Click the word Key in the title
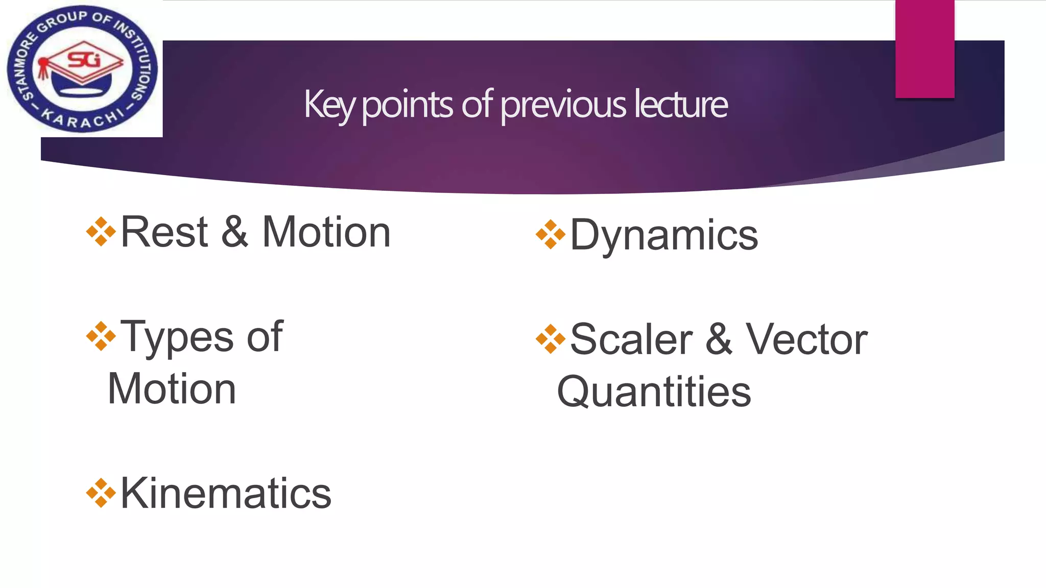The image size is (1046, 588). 329,105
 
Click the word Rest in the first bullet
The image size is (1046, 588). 164,232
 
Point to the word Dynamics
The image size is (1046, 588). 663,235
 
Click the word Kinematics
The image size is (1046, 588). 226,494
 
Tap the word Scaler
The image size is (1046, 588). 631,339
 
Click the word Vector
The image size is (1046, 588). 806,339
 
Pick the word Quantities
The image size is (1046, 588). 654,392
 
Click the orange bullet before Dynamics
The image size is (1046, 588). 551,234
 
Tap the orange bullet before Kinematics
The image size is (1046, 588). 101,493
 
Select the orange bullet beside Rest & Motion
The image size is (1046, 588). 101,232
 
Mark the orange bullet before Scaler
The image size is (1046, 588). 551,339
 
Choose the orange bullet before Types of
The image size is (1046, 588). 101,336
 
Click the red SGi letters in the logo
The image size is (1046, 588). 85,60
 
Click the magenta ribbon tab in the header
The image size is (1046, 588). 924,48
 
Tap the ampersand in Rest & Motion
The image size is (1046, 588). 234,232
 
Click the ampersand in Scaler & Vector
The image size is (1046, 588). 719,339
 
